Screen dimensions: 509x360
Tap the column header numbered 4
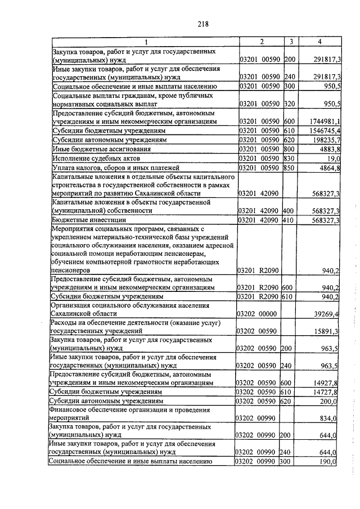click(x=319, y=42)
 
